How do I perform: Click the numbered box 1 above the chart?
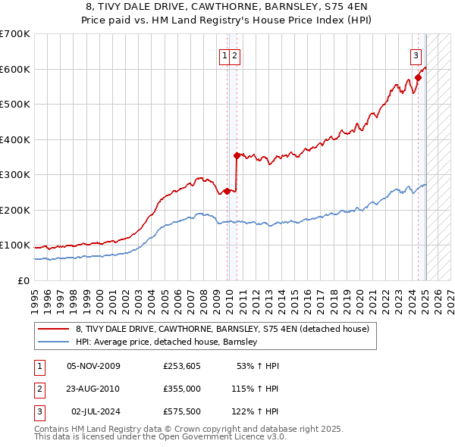[x=224, y=55]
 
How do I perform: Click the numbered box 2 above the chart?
[x=235, y=55]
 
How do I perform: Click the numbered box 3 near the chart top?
[x=416, y=55]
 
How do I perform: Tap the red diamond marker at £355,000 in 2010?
[x=237, y=155]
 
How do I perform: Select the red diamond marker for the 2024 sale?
[x=418, y=77]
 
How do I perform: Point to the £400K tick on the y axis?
[x=15, y=139]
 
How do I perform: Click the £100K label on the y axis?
[x=15, y=245]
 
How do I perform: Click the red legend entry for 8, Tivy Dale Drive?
[x=222, y=329]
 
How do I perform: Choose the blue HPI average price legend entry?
[x=167, y=342]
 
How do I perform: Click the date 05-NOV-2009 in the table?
[x=93, y=366]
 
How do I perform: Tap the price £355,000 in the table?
[x=181, y=388]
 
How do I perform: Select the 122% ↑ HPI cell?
[x=255, y=411]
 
